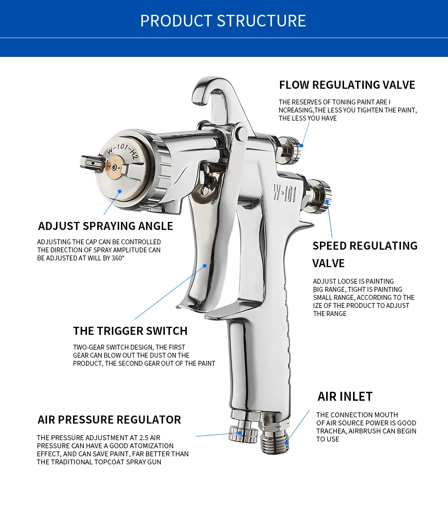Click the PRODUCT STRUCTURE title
pos(223,21)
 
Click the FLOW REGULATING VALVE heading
pos(347,85)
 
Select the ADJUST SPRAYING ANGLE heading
pos(105,226)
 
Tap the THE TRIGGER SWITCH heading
pos(130,331)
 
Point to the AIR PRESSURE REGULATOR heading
pos(109,420)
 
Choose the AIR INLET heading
pos(345,396)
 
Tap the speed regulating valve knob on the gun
pos(322,195)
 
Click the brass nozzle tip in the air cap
pos(115,167)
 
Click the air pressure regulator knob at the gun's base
pos(242,433)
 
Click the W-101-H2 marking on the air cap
pos(121,151)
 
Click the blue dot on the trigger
pos(205,265)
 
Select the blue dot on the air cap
pos(120,191)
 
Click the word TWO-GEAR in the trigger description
pos(89,347)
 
